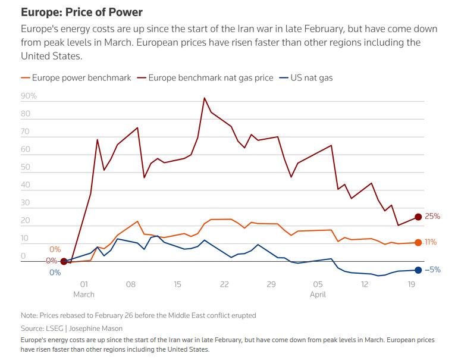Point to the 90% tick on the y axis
click(29, 96)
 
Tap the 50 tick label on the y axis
click(26, 167)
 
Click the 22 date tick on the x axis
click(224, 284)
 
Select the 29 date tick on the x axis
click(271, 284)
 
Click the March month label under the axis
click(84, 294)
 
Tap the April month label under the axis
click(317, 294)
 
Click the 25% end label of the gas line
click(432, 217)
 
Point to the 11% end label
click(431, 242)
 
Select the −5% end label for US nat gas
click(432, 270)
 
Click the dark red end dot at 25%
click(418, 217)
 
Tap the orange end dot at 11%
click(418, 242)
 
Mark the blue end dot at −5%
click(418, 270)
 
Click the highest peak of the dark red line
click(205, 98)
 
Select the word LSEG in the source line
click(58, 328)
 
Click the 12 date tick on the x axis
click(364, 284)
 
